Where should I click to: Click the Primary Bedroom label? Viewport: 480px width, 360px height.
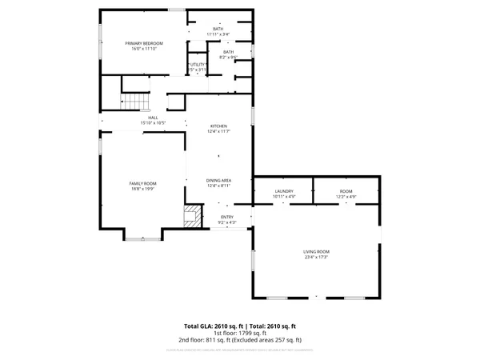click(144, 42)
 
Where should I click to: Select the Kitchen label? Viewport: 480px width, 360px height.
click(219, 126)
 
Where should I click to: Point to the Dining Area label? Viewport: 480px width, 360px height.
click(219, 180)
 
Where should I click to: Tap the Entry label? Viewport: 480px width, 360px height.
click(227, 217)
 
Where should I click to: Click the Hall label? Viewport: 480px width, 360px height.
click(152, 118)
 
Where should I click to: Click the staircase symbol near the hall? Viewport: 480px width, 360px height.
click(134, 102)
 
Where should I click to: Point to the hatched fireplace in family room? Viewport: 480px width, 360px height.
click(192, 217)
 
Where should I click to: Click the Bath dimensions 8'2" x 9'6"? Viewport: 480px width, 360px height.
click(230, 58)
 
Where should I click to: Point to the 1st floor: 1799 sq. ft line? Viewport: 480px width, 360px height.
click(240, 334)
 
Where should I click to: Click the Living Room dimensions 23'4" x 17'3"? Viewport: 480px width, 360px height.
click(316, 257)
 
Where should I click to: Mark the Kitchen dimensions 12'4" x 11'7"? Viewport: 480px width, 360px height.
click(219, 132)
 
